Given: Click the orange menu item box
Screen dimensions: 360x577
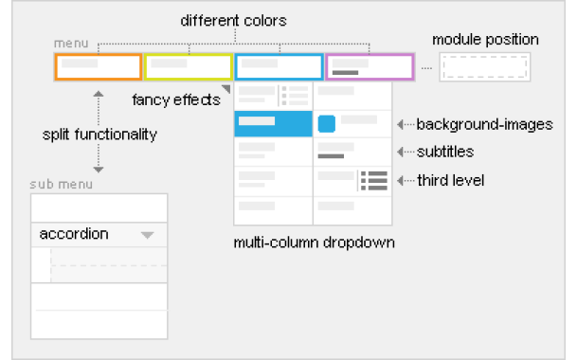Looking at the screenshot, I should pyautogui.click(x=98, y=66).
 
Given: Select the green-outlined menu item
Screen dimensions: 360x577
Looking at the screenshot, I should pyautogui.click(x=188, y=66).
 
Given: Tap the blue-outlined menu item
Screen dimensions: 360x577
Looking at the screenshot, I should pyautogui.click(x=279, y=66).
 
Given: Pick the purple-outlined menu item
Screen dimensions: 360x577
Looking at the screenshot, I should pyautogui.click(x=370, y=66).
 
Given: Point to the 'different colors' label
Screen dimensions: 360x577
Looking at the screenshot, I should pyautogui.click(x=233, y=19).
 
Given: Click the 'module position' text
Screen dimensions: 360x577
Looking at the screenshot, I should pyautogui.click(x=485, y=40).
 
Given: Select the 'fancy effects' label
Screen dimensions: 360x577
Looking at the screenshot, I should pyautogui.click(x=175, y=98).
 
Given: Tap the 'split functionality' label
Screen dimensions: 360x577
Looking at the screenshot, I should pyautogui.click(x=99, y=135).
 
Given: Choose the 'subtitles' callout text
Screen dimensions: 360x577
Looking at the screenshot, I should pyautogui.click(x=445, y=152).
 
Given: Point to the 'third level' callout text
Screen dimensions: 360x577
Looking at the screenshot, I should pyautogui.click(x=450, y=180).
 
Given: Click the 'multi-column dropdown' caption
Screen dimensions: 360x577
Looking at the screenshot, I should pyautogui.click(x=314, y=243).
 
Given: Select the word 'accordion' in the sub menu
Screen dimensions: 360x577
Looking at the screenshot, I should pyautogui.click(x=74, y=234).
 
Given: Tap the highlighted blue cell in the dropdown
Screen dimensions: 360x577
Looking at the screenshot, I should pyautogui.click(x=273, y=123).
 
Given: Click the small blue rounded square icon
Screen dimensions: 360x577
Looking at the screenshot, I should pyautogui.click(x=327, y=123).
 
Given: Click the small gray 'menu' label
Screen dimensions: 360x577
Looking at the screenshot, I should pyautogui.click(x=70, y=45).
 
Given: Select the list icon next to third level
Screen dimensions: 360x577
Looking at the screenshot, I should pyautogui.click(x=375, y=180).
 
